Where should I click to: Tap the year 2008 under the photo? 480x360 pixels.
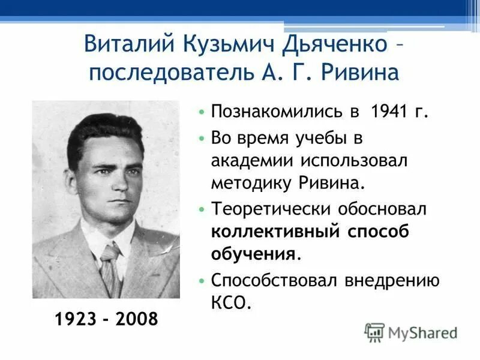pos(137,319)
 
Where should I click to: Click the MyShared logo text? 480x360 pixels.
pos(422,332)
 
